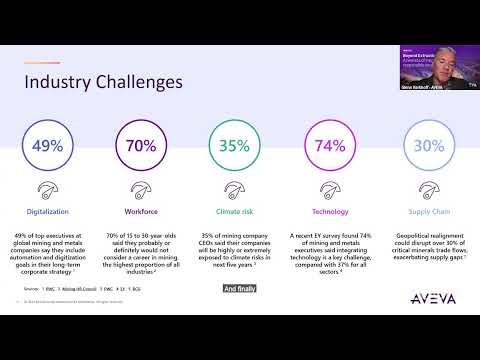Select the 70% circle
point(140,146)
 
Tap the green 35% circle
point(233,146)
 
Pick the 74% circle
point(330,146)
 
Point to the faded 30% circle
point(428,146)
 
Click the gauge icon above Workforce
point(140,188)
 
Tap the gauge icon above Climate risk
point(233,188)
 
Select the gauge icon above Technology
point(330,188)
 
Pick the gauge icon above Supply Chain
point(428,188)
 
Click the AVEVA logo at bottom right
point(431,299)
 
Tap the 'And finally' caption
point(240,288)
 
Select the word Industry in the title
point(55,80)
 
